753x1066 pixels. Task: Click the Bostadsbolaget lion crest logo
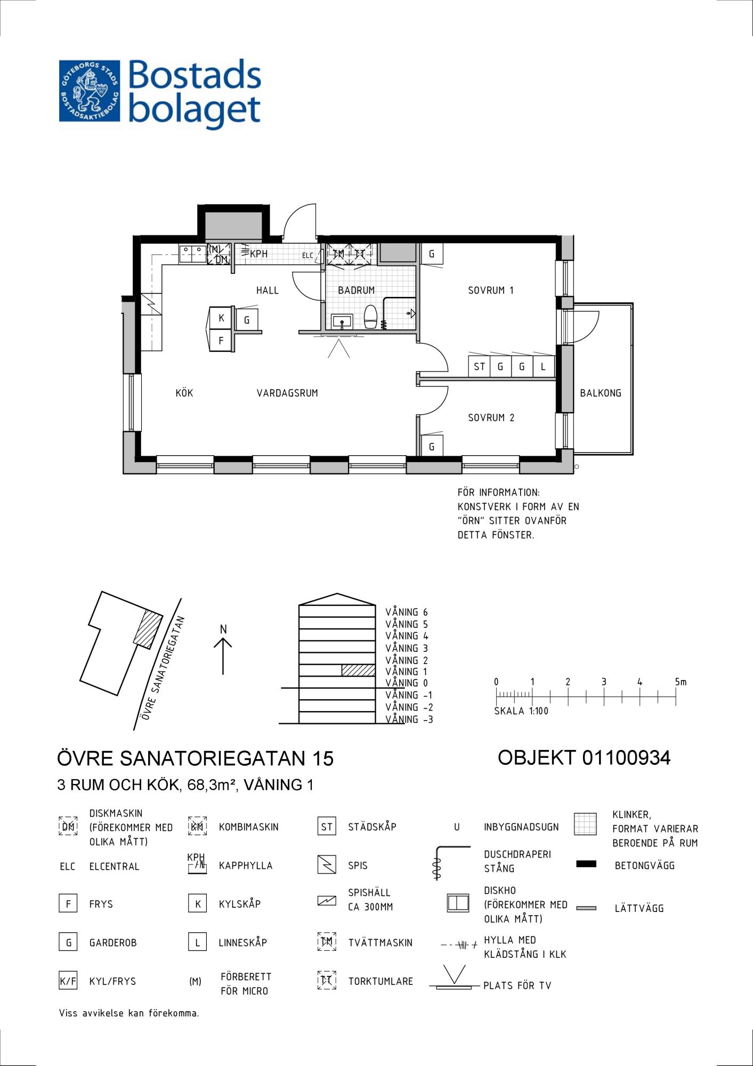point(90,91)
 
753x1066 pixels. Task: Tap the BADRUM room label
point(356,290)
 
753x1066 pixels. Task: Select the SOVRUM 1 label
point(490,290)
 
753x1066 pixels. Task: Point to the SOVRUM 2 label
point(491,418)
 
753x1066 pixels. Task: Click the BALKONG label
point(601,393)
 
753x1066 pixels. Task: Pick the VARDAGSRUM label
point(287,393)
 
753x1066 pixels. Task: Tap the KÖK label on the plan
point(184,393)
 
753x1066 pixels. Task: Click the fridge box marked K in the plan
point(221,318)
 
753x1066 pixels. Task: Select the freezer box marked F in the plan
point(221,341)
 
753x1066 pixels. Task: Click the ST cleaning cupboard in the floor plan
point(479,367)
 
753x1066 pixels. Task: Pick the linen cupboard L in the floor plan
point(544,367)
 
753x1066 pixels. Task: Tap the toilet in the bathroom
point(370,317)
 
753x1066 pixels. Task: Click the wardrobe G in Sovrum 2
point(432,446)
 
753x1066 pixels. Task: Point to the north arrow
point(223,656)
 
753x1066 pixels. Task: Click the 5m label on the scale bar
point(681,682)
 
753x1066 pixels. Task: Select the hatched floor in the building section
point(358,671)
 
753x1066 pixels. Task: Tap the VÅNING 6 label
point(407,612)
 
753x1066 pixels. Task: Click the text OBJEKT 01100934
point(584,757)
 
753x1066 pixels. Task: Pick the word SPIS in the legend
point(358,866)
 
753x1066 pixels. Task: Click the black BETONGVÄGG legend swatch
point(586,864)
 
